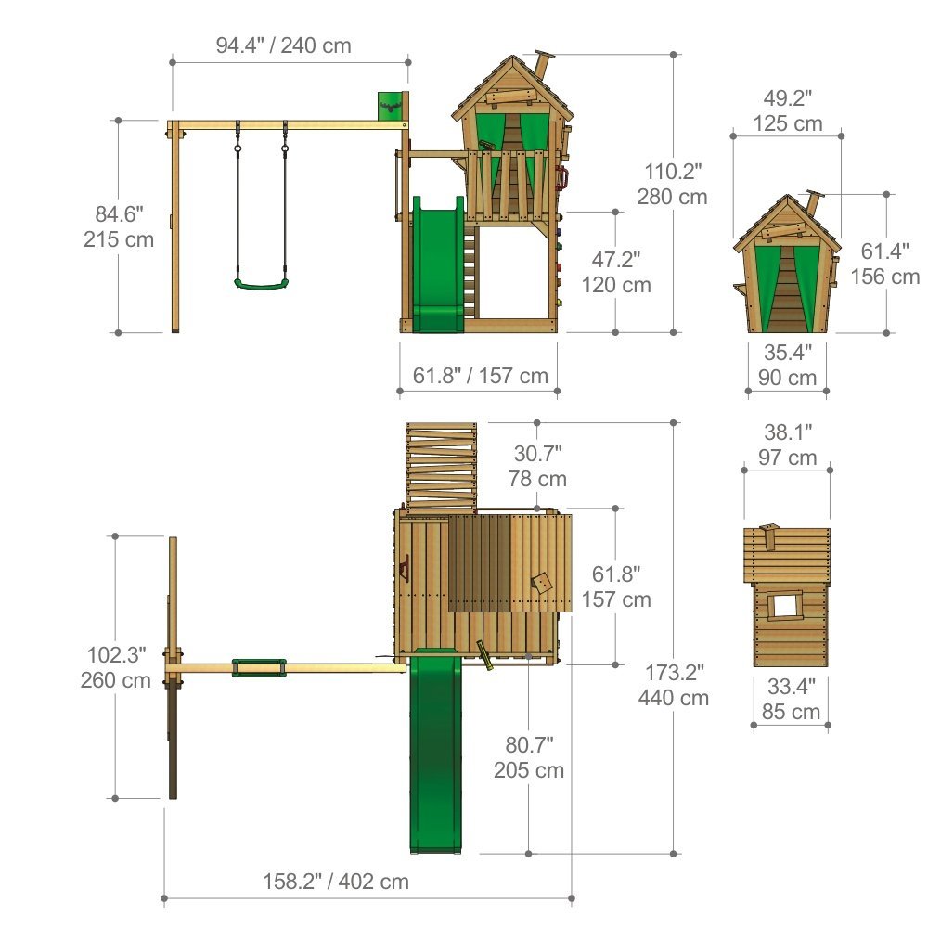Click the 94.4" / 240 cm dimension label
click(x=283, y=45)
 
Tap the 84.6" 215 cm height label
click(x=119, y=226)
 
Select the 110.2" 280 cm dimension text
click(x=672, y=184)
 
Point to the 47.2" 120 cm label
click(x=616, y=272)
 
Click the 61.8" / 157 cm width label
click(x=481, y=376)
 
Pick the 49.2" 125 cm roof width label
click(x=788, y=110)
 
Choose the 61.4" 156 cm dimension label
click(x=885, y=264)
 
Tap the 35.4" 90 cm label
click(x=787, y=365)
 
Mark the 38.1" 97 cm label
click(x=788, y=445)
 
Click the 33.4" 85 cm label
click(x=792, y=699)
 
